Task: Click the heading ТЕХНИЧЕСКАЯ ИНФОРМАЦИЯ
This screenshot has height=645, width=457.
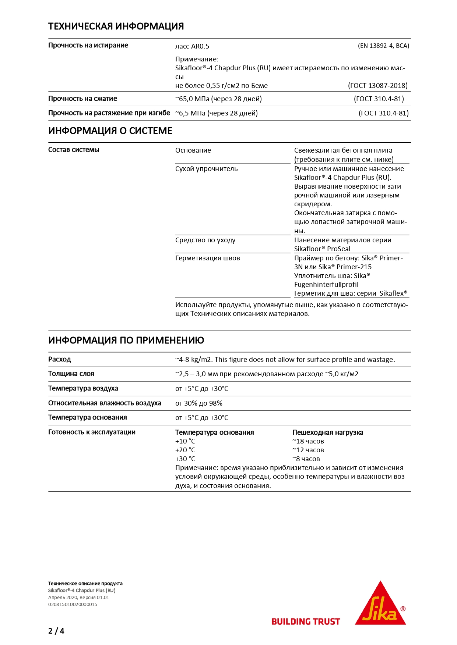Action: tap(116, 26)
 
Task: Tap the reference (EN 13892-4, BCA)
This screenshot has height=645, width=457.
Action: tap(383, 46)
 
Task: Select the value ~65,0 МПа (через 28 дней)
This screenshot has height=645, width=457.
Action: tap(218, 99)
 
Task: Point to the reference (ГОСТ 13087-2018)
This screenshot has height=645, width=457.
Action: tap(377, 86)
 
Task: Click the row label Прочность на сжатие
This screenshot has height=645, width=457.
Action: tap(82, 99)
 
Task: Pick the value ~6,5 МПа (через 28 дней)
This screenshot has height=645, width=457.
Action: tap(217, 113)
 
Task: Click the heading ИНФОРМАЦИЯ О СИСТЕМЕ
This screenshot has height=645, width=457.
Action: tap(110, 131)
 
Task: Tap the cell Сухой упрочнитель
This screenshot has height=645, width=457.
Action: tap(206, 169)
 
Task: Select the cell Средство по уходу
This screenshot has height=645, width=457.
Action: tap(205, 240)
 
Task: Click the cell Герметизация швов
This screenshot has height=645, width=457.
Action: tap(207, 258)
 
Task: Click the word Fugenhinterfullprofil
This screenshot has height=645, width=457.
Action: tap(326, 285)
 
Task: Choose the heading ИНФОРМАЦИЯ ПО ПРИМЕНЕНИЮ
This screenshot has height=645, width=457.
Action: tap(126, 341)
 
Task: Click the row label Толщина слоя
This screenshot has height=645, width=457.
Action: tap(71, 374)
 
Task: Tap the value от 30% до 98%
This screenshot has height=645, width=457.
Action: tap(198, 403)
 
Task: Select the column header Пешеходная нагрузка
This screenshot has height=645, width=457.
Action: tap(327, 432)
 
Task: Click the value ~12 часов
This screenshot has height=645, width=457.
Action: tap(308, 450)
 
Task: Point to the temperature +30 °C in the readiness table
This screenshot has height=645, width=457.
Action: tap(185, 459)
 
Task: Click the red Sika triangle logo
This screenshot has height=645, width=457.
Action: tap(380, 605)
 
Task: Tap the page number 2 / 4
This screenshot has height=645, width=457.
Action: tap(56, 631)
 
